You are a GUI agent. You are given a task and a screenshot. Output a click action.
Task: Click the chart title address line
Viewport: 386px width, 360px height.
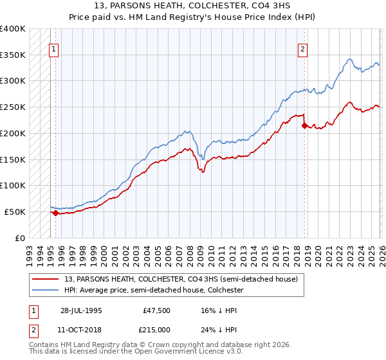(x=192, y=6)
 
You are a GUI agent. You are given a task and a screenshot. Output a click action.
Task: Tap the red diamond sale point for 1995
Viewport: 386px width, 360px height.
(x=56, y=213)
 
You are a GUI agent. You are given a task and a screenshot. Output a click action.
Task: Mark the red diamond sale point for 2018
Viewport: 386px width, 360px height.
(x=304, y=125)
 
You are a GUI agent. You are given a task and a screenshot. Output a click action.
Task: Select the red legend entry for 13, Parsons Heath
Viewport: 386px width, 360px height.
(x=180, y=280)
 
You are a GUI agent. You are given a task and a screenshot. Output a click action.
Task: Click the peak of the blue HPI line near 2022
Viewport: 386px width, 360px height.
(x=349, y=59)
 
